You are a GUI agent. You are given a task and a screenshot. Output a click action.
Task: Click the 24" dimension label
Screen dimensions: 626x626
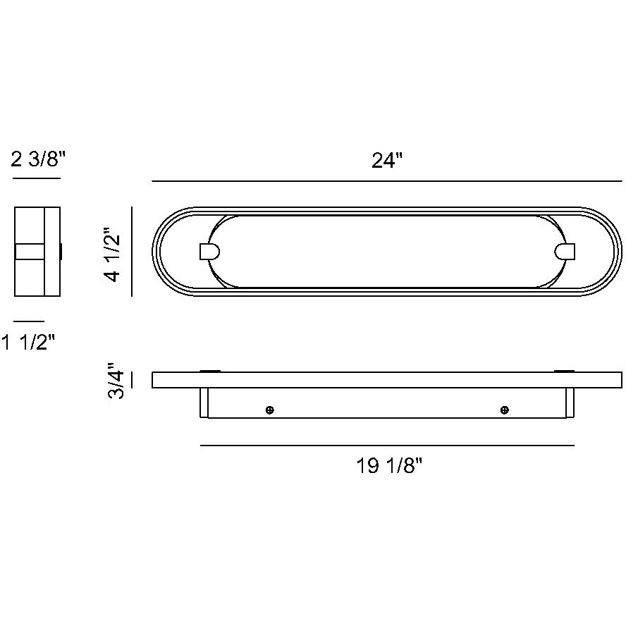click(x=387, y=161)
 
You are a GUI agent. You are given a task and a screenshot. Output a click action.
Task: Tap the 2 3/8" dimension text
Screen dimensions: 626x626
click(x=38, y=160)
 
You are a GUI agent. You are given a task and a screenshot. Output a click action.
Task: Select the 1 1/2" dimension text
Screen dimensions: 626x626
click(x=28, y=343)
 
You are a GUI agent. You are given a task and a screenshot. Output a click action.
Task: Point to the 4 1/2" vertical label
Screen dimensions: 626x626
click(x=113, y=255)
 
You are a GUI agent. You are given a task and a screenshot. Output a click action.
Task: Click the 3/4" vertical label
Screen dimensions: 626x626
click(x=116, y=381)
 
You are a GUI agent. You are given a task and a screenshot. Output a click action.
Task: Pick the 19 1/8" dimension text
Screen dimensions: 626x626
click(x=389, y=465)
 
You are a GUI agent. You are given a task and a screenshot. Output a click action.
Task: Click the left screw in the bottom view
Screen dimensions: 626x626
click(x=270, y=410)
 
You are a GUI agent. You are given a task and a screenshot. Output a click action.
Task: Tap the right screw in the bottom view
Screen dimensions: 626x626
click(x=505, y=410)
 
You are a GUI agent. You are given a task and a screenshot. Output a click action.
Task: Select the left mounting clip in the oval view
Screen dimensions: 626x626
click(x=209, y=252)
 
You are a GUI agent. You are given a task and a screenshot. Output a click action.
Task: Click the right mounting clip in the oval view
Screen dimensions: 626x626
click(x=565, y=252)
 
